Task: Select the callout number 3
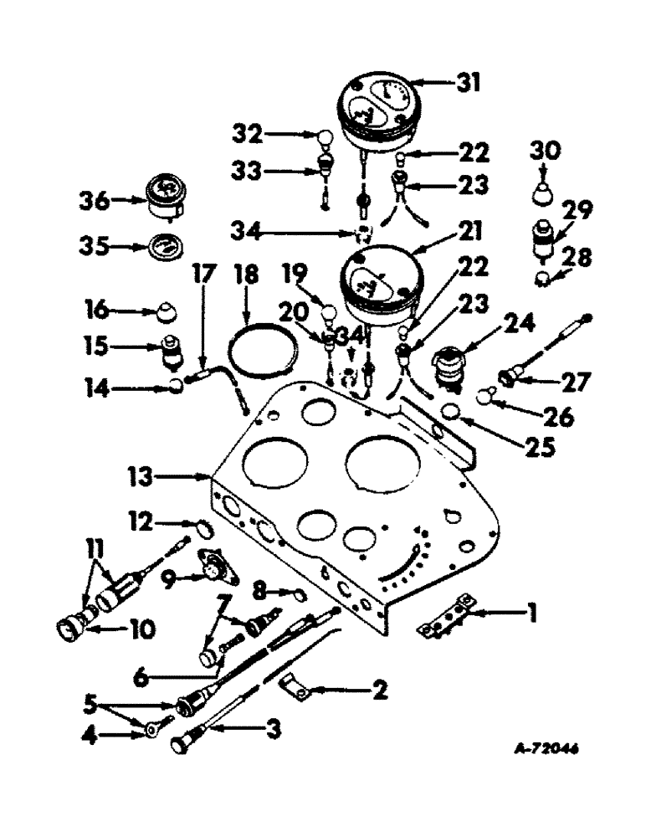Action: (271, 730)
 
